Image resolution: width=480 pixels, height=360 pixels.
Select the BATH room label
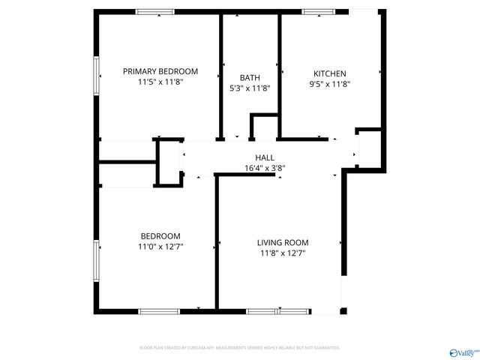coord(250,77)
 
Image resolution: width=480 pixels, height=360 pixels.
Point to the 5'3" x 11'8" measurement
coord(250,88)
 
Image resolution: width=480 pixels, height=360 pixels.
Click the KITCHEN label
coord(330,73)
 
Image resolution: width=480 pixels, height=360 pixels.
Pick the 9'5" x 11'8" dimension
coord(330,84)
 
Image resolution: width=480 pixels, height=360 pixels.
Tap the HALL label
coord(265,157)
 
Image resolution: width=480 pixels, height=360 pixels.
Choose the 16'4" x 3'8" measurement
coord(265,168)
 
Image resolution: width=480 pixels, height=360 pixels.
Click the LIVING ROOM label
coord(283,242)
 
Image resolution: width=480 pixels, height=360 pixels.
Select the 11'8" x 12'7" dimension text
coord(283,253)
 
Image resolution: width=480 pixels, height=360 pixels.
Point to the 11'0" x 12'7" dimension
coord(160,246)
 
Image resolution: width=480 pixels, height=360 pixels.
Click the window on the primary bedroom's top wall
coord(156,11)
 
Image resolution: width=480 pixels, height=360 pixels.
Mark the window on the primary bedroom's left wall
coord(96,76)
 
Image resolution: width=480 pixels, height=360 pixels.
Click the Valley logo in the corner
coord(463,351)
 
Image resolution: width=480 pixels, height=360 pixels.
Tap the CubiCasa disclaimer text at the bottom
coord(240,348)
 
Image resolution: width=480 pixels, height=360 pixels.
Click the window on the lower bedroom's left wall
coord(96,259)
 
